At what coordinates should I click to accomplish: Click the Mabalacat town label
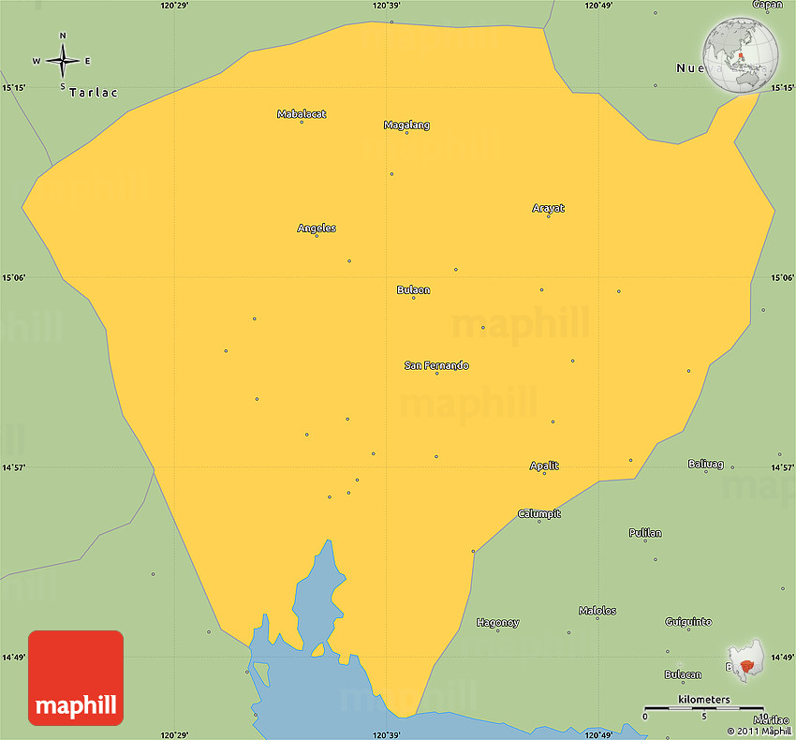pyautogui.click(x=302, y=114)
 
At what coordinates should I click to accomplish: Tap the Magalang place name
pyautogui.click(x=406, y=125)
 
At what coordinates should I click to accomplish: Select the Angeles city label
pyautogui.click(x=317, y=228)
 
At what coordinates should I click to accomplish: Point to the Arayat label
pyautogui.click(x=548, y=208)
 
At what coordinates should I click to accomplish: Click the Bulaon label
pyautogui.click(x=413, y=289)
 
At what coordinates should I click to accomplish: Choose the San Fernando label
pyautogui.click(x=436, y=365)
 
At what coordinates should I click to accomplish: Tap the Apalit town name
pyautogui.click(x=544, y=466)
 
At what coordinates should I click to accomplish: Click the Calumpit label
pyautogui.click(x=538, y=513)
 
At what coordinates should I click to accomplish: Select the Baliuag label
pyautogui.click(x=705, y=464)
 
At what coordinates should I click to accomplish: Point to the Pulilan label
pyautogui.click(x=644, y=533)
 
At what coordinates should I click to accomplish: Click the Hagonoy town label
pyautogui.click(x=497, y=622)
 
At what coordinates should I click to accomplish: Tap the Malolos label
pyautogui.click(x=597, y=611)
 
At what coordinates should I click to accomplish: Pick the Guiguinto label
pyautogui.click(x=688, y=621)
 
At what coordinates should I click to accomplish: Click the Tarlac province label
pyautogui.click(x=93, y=93)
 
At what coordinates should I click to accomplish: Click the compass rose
pyautogui.click(x=63, y=61)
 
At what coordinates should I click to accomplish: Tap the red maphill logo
pyautogui.click(x=76, y=677)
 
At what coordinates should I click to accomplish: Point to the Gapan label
pyautogui.click(x=767, y=5)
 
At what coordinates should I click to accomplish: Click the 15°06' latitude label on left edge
pyautogui.click(x=13, y=277)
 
